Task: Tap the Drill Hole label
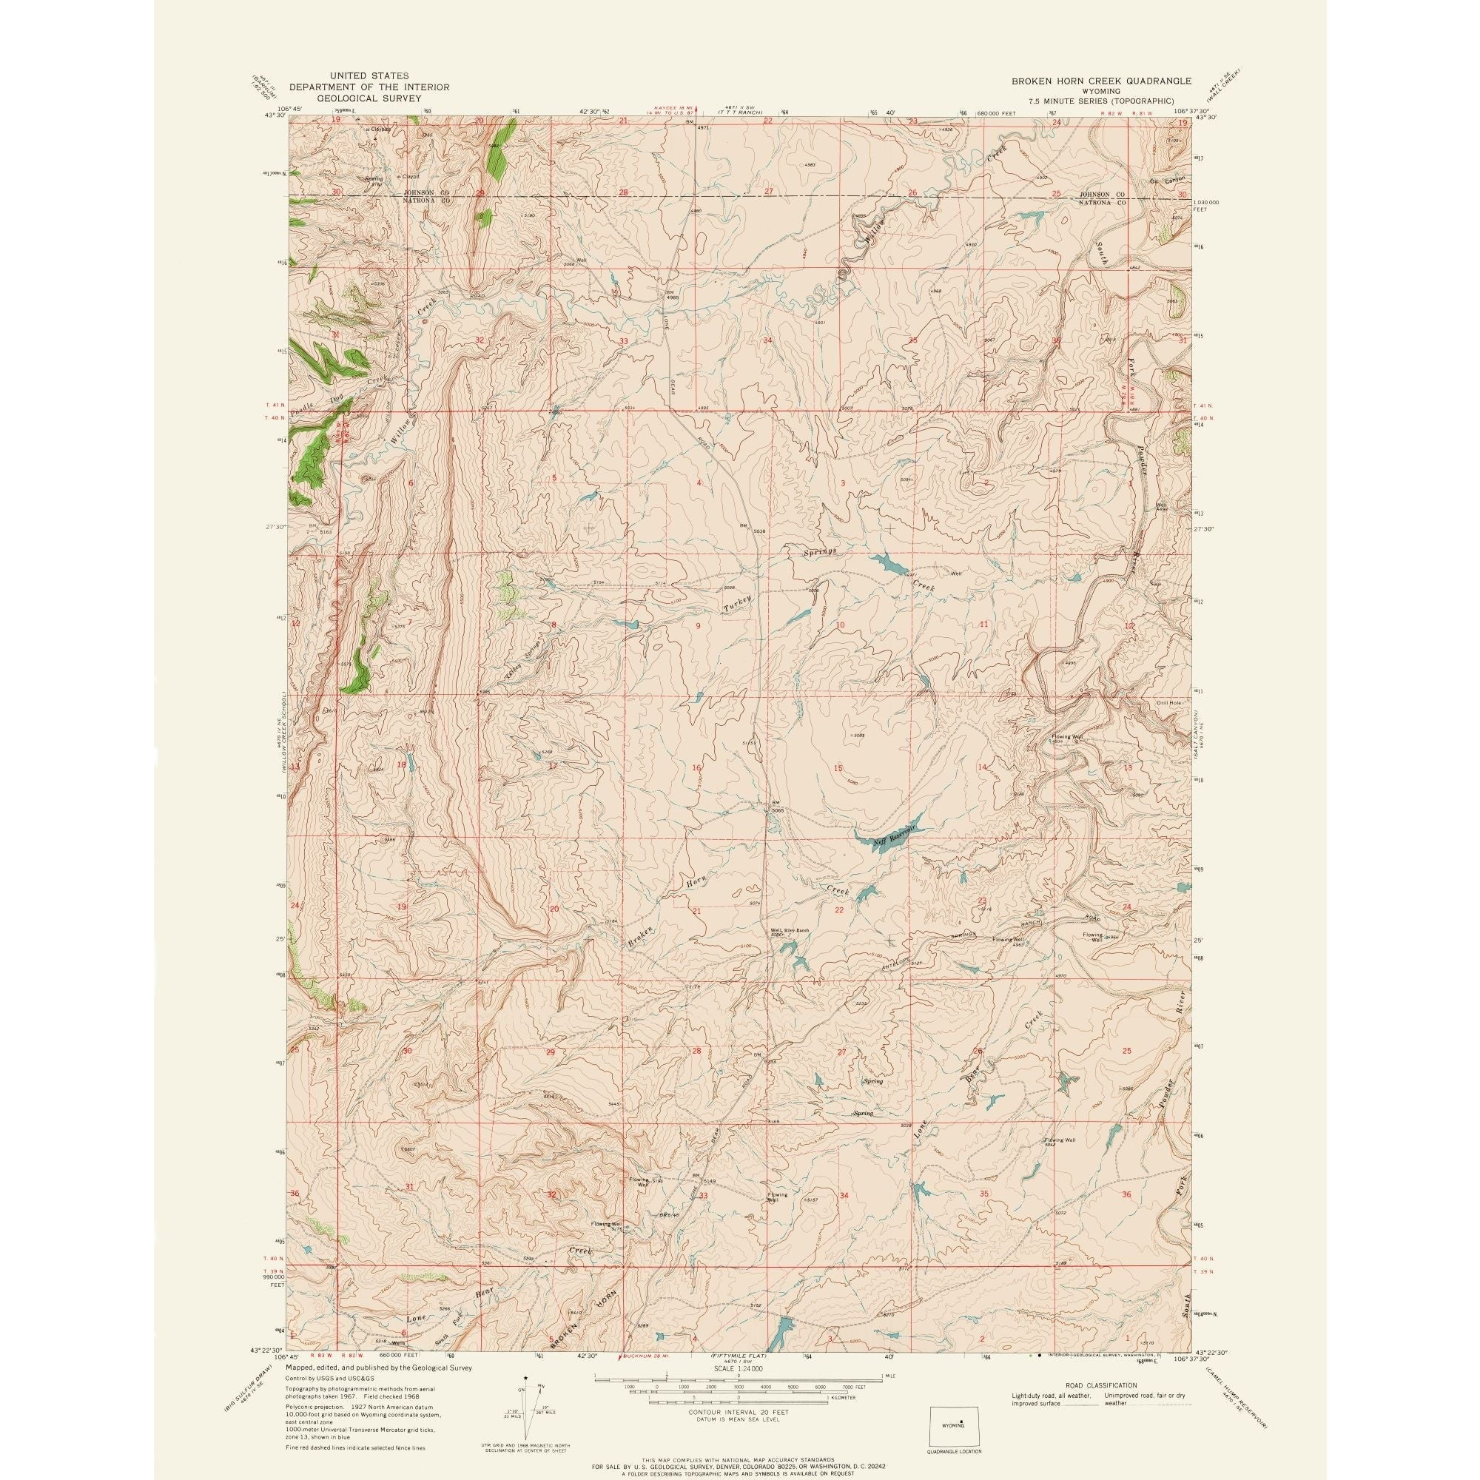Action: pyautogui.click(x=1169, y=702)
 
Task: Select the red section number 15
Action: pyautogui.click(x=838, y=767)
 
